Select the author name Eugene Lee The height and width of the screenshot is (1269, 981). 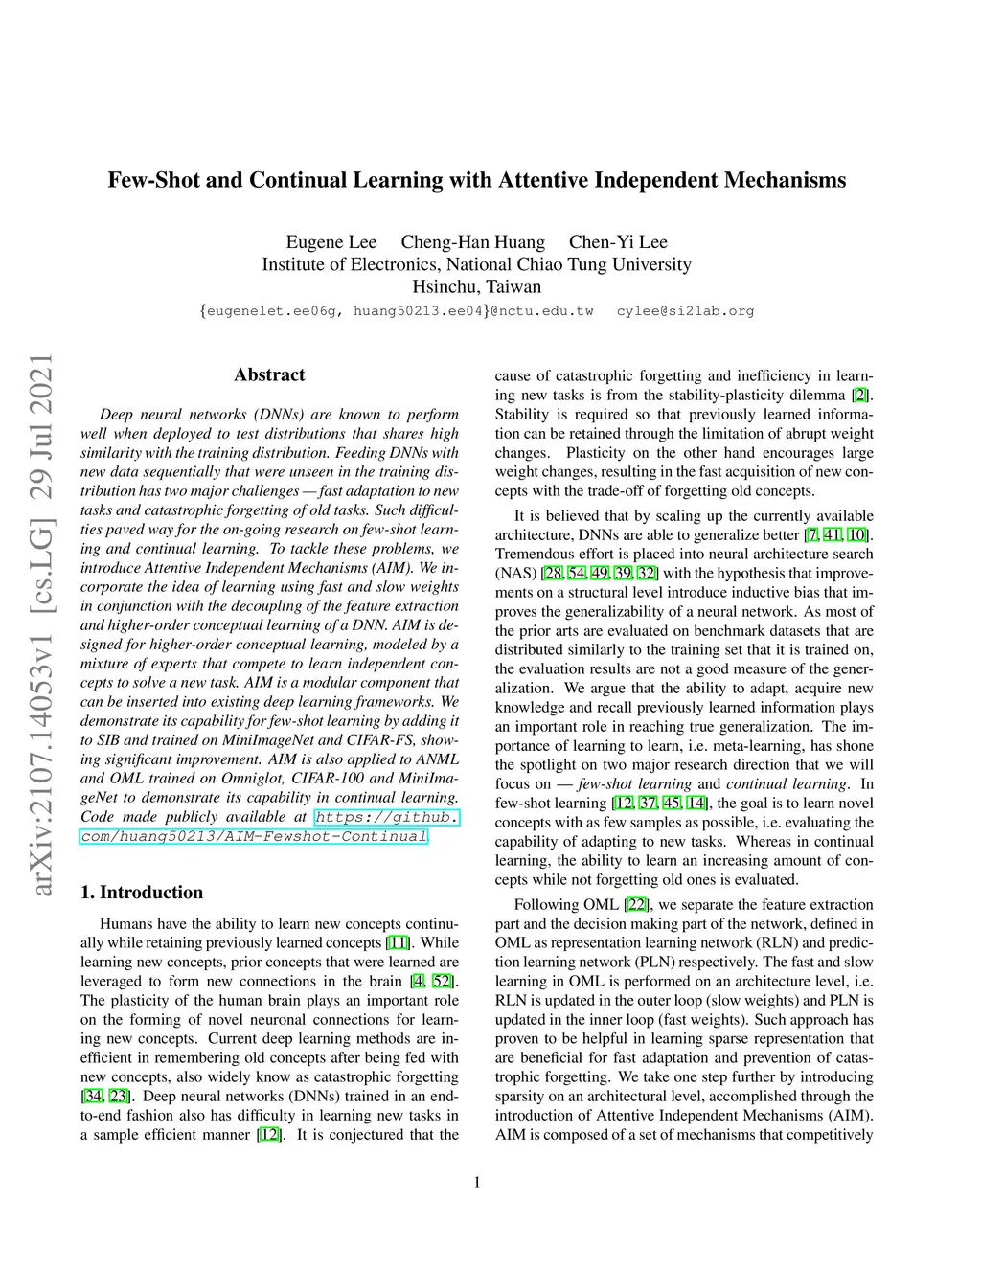tap(331, 242)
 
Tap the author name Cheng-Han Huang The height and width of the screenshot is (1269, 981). tap(472, 242)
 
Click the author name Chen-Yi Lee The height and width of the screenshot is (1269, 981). tap(618, 242)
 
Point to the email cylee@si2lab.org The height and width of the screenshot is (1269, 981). tap(685, 311)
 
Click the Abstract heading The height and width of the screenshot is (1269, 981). tap(269, 374)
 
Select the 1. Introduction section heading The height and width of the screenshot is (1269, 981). tap(142, 892)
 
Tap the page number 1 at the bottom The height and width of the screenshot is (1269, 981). tap(477, 1182)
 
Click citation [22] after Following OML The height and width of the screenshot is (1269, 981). tap(637, 904)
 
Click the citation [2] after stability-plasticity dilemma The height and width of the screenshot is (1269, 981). tap(861, 395)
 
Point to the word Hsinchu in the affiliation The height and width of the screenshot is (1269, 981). tap(444, 286)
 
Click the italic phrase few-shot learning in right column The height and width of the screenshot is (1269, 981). tap(634, 783)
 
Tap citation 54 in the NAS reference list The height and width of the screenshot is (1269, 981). tap(577, 573)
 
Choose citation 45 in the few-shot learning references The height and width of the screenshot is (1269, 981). tap(672, 803)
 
